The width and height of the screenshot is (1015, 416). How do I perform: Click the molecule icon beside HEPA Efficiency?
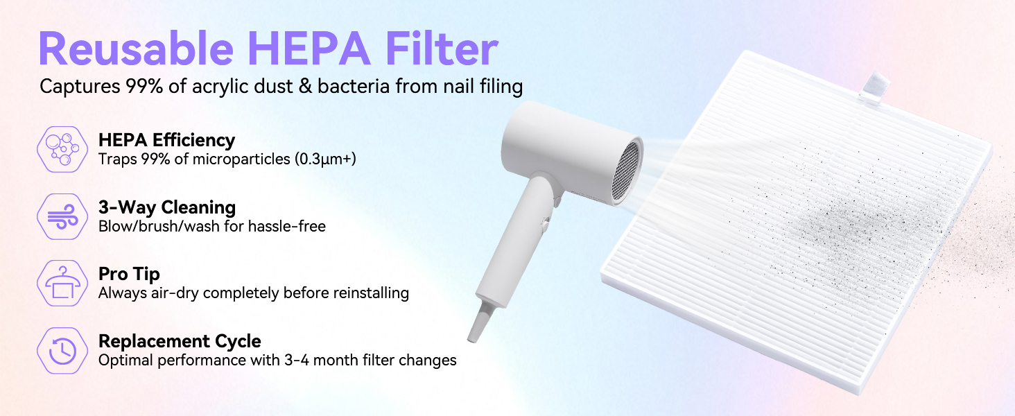[62, 148]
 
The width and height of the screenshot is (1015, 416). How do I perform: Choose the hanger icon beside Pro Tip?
[62, 283]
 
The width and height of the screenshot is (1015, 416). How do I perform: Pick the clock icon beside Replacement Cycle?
[62, 351]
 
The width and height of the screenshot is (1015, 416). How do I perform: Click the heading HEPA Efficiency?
[166, 140]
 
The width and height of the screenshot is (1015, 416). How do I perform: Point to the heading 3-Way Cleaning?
[166, 207]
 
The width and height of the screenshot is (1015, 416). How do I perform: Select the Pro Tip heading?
[129, 275]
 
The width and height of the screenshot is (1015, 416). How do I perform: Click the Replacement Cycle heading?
[180, 341]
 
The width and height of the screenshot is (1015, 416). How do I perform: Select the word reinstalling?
[371, 293]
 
